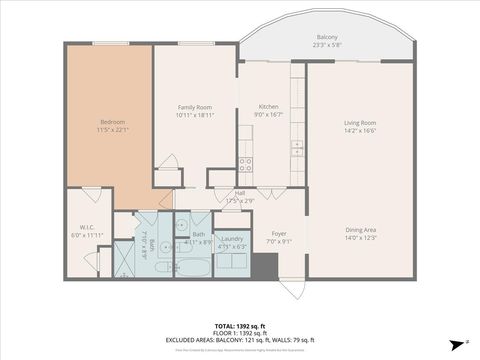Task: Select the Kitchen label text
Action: (268, 107)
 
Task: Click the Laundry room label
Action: (232, 238)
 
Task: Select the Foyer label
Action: (279, 233)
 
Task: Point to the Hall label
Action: (240, 194)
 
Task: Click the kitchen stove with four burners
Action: (246, 163)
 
